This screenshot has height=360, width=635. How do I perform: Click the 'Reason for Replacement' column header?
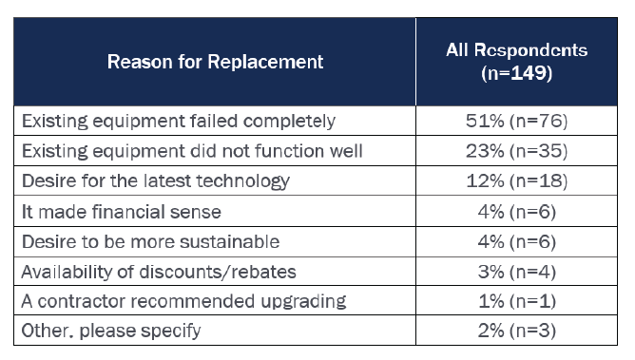215,62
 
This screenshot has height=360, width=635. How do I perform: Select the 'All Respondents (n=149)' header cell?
517,62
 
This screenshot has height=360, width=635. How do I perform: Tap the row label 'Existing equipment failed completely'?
179,121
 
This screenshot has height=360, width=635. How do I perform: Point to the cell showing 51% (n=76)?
517,121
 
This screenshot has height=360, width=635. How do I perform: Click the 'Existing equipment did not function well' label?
192,151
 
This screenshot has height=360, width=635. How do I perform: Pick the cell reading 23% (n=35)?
517,151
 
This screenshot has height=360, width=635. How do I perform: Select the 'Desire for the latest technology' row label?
156,180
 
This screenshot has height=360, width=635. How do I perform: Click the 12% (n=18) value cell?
517,180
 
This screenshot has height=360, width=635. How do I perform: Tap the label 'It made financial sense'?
122,212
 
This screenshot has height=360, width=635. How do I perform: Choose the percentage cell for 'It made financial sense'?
517,212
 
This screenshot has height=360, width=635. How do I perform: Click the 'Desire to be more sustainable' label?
150,241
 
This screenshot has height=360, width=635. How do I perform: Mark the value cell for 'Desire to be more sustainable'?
517,241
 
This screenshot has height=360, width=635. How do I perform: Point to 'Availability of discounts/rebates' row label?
159,272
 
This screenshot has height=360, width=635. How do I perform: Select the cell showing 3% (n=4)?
517,272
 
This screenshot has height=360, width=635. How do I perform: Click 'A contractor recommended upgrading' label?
183,301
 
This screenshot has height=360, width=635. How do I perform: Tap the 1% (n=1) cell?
517,301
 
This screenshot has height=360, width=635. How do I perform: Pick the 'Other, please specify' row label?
111,331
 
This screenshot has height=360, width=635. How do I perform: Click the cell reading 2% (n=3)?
517,331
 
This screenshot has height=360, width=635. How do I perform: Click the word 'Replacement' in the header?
265,63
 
